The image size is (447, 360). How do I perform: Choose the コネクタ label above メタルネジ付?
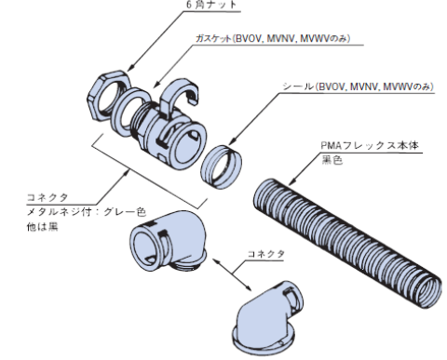(47, 197)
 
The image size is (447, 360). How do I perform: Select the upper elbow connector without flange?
(173, 238)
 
